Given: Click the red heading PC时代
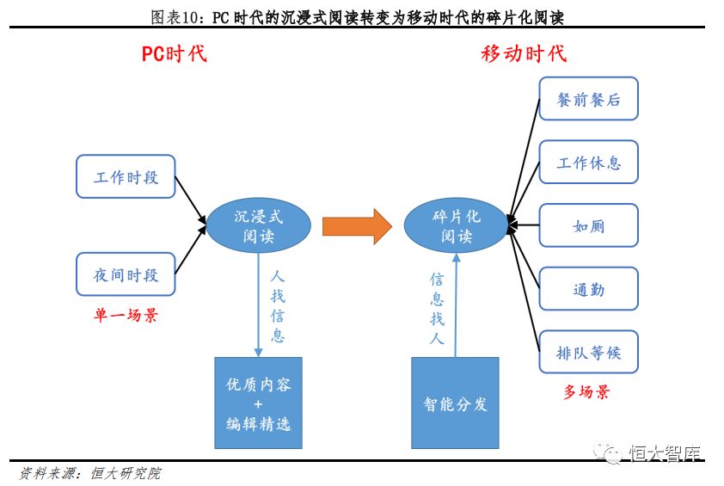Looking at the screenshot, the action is click(174, 53).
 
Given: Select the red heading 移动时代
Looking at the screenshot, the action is click(524, 53).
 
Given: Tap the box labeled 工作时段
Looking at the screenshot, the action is click(126, 176).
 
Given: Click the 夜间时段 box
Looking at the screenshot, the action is click(126, 274).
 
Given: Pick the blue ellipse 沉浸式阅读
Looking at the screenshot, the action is click(258, 225).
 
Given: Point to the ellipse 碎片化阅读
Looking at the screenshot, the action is click(457, 225).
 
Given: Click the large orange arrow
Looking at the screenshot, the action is click(357, 226).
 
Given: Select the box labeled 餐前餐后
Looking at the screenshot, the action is click(589, 99).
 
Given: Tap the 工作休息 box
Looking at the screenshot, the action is click(589, 163).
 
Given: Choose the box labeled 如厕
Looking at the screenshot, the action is click(589, 225).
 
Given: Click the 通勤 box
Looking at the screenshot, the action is click(589, 289).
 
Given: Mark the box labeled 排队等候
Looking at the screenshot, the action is click(589, 352).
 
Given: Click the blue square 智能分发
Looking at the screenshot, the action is click(455, 403).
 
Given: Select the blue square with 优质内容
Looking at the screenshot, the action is click(258, 403).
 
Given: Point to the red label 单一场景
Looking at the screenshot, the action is click(126, 315).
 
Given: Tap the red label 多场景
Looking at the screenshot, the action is click(586, 391).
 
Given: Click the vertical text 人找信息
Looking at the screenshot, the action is click(278, 306).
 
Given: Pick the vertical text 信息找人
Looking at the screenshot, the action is click(437, 309).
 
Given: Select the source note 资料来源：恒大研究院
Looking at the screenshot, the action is click(90, 473).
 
